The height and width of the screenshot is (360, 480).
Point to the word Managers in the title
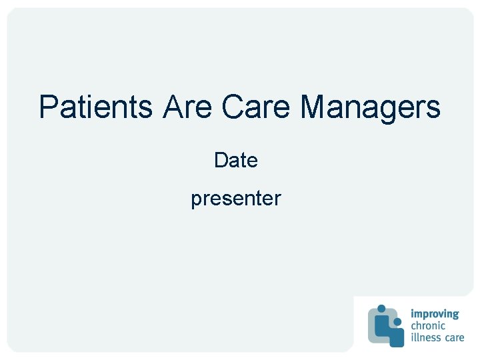tap(370, 107)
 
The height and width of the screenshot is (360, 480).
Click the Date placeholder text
tap(236, 161)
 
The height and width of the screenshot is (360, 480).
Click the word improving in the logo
tap(435, 314)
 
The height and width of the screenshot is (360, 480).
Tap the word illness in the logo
tap(426, 337)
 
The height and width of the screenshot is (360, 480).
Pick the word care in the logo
tap(455, 337)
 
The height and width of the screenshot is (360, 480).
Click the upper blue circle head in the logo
tap(381, 309)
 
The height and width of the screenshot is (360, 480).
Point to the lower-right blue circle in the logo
tap(398, 322)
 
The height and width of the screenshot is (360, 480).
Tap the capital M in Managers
tap(313, 107)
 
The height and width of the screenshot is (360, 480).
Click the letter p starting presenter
tap(196, 200)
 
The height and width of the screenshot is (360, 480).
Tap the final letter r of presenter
tap(278, 199)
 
